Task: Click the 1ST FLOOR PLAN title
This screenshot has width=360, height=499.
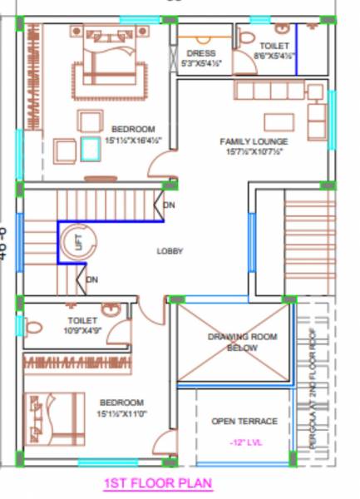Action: point(158,482)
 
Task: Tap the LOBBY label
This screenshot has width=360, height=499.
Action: point(170,250)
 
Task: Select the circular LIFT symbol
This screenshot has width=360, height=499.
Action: point(76,242)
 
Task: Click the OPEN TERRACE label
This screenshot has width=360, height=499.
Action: point(244,421)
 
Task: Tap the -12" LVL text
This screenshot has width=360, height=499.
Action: point(244,442)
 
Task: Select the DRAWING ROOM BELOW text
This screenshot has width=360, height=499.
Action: point(242,343)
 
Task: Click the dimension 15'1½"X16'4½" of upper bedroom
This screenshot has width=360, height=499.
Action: point(132,141)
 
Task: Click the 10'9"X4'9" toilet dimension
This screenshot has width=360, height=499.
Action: point(82,330)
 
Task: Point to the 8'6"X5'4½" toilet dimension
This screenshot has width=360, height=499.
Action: point(274,56)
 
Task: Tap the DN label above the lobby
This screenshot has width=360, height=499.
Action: point(170,205)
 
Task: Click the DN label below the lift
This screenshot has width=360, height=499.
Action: point(92,279)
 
